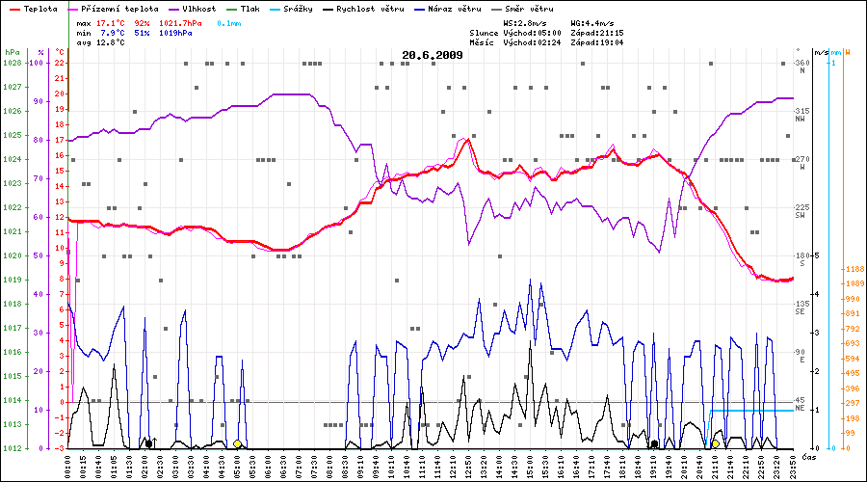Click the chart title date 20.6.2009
coord(433,55)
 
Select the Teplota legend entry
coord(41,8)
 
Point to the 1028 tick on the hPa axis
coord(13,63)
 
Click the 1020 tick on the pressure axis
coord(13,255)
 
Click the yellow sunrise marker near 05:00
coord(237,444)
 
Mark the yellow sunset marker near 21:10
coord(715,444)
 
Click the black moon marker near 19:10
coord(655,444)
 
